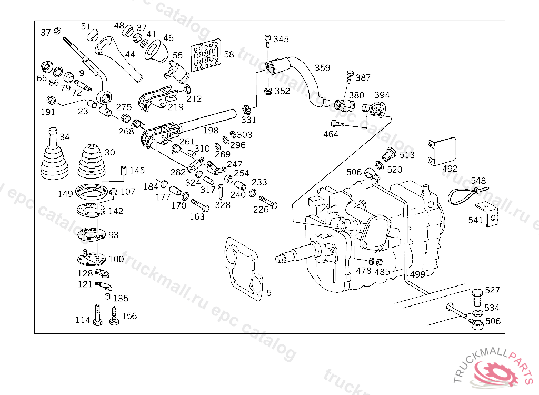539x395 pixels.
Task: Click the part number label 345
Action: [281, 39]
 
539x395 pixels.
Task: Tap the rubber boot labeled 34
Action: [54, 156]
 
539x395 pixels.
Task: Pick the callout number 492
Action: [450, 169]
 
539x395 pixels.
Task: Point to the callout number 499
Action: [417, 274]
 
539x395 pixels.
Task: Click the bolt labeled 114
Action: [98, 316]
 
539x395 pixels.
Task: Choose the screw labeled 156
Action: [114, 317]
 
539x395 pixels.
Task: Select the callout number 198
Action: [211, 130]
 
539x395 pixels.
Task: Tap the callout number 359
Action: [323, 68]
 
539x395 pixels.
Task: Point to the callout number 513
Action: [407, 155]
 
